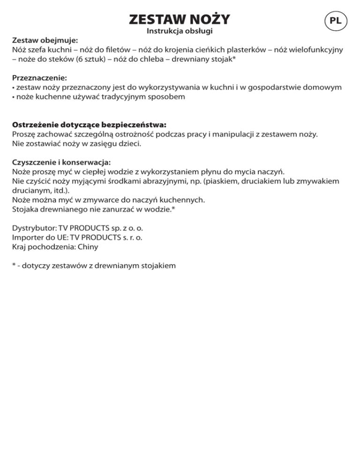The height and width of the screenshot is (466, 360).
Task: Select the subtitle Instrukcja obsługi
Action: coord(180,32)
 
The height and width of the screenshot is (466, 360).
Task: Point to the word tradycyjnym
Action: coord(120,97)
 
